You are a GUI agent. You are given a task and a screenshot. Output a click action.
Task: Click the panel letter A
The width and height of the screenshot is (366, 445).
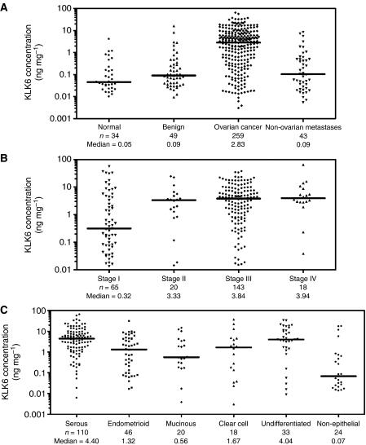pos(6,6)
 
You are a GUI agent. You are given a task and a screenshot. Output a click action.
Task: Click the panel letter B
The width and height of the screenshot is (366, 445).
pos(6,155)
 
